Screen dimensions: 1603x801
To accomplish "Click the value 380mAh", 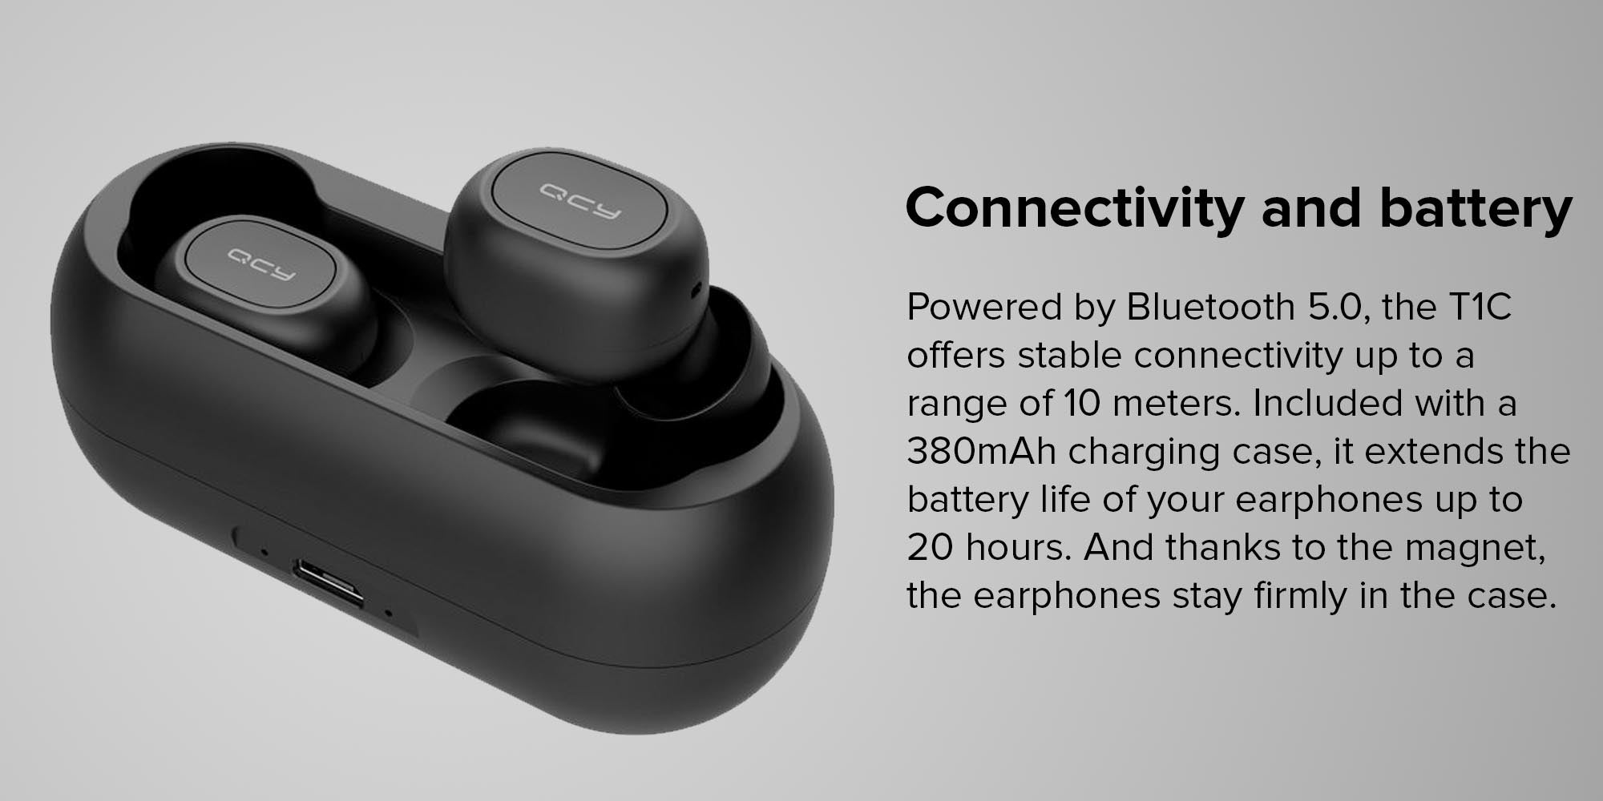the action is [x=981, y=452].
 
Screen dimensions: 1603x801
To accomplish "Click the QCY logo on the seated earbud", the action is [x=260, y=264].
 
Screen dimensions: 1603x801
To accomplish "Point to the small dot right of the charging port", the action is [x=389, y=615].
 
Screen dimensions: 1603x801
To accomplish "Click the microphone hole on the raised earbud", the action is [x=695, y=285].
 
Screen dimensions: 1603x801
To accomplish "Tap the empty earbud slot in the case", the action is [x=525, y=421].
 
